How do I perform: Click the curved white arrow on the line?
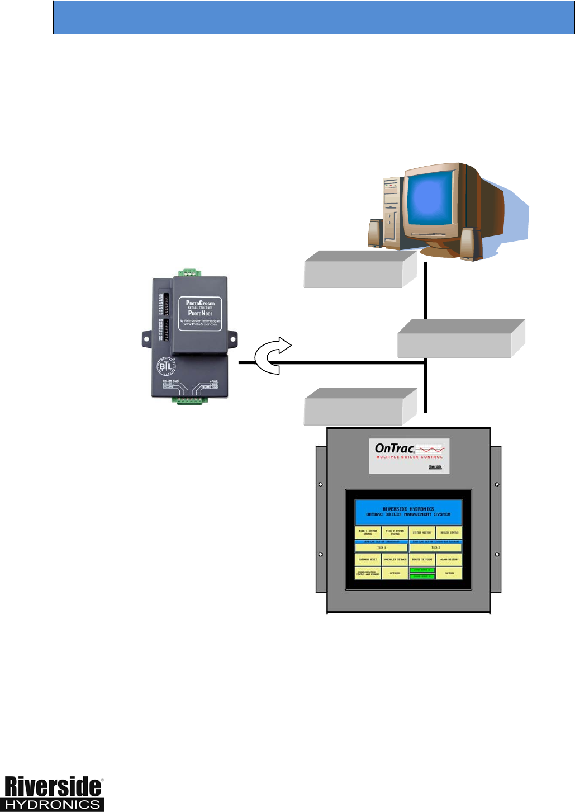coord(273,356)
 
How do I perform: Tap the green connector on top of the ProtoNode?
coord(190,272)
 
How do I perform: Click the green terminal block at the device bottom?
coord(190,400)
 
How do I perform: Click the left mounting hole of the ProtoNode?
coord(147,338)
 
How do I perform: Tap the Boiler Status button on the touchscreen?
coord(449,532)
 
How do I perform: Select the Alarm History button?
coord(449,559)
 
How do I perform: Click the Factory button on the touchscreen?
coord(449,573)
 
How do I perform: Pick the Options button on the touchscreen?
coord(395,573)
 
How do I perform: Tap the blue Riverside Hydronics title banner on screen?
coord(408,512)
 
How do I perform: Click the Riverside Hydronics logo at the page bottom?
coord(54,794)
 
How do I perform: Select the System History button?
coord(422,532)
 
